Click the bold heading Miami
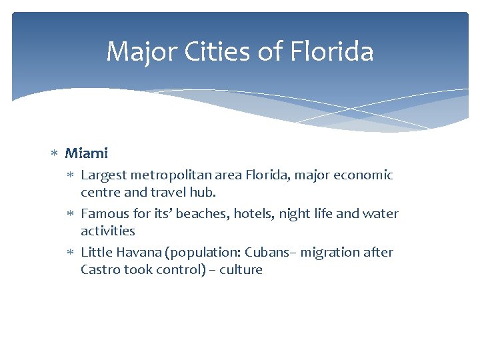point(86,153)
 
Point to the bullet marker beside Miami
point(56,154)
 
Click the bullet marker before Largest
point(72,175)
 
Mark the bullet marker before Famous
point(72,214)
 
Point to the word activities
point(107,231)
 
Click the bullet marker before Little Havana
point(72,253)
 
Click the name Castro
point(100,270)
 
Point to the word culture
point(241,270)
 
